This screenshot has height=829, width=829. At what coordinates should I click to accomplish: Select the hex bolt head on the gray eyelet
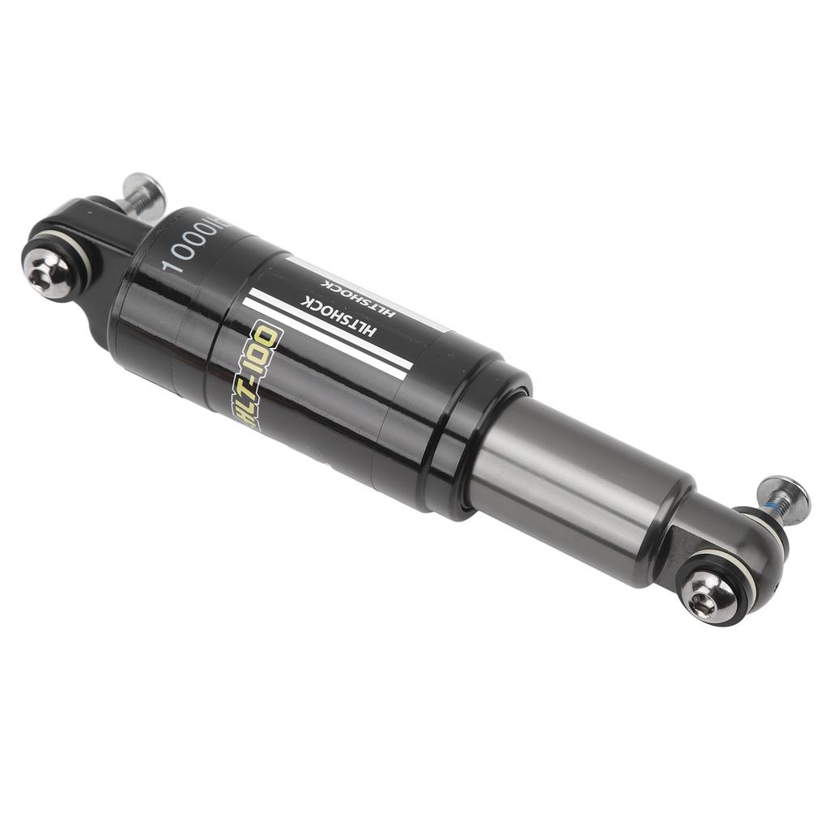(x=708, y=597)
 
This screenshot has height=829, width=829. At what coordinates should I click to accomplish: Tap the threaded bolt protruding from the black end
(x=142, y=195)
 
